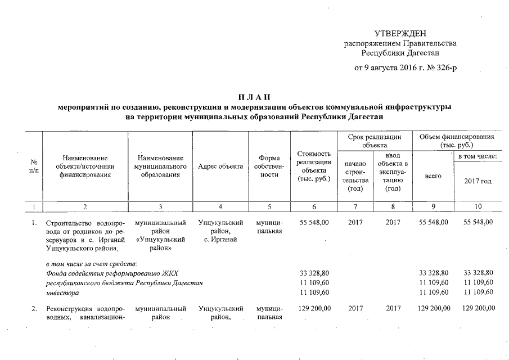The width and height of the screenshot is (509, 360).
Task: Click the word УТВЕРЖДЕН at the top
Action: (400, 33)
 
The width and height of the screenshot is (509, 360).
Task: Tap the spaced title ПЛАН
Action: (254, 97)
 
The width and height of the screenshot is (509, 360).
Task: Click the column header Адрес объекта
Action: (220, 166)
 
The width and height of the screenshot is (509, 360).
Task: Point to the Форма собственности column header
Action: (269, 166)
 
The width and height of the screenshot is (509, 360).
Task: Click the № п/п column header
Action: (33, 166)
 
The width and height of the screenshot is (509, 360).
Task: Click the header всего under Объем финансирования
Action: (433, 176)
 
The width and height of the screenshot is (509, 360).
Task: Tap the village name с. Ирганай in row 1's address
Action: (220, 241)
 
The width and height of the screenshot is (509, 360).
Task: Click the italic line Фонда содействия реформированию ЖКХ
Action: (111, 273)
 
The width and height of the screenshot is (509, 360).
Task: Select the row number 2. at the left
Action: (34, 309)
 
